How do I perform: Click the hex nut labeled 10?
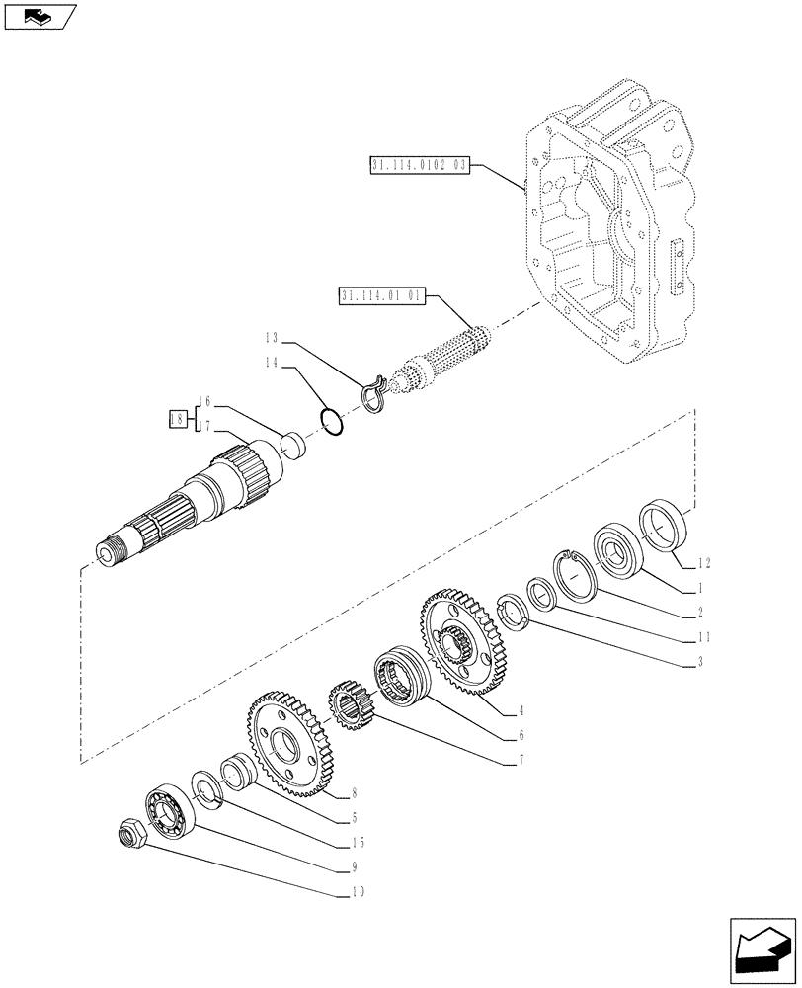click(x=129, y=838)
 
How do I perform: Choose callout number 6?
click(x=521, y=735)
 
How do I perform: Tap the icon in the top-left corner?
click(x=40, y=17)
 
